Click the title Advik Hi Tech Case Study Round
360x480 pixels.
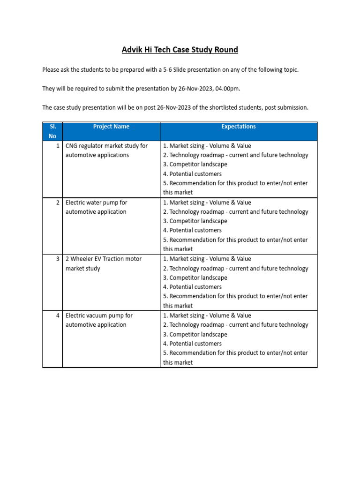[180, 50]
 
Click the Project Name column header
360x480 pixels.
[111, 127]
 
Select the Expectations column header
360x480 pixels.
[239, 127]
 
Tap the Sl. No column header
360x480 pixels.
[52, 131]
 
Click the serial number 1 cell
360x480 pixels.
[58, 146]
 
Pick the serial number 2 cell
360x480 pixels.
[58, 202]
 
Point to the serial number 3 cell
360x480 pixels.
[58, 259]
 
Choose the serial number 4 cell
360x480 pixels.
[58, 315]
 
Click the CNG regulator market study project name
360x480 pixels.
[106, 150]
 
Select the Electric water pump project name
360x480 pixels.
[96, 207]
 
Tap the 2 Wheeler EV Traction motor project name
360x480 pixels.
[103, 263]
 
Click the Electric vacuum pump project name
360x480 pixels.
[99, 320]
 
